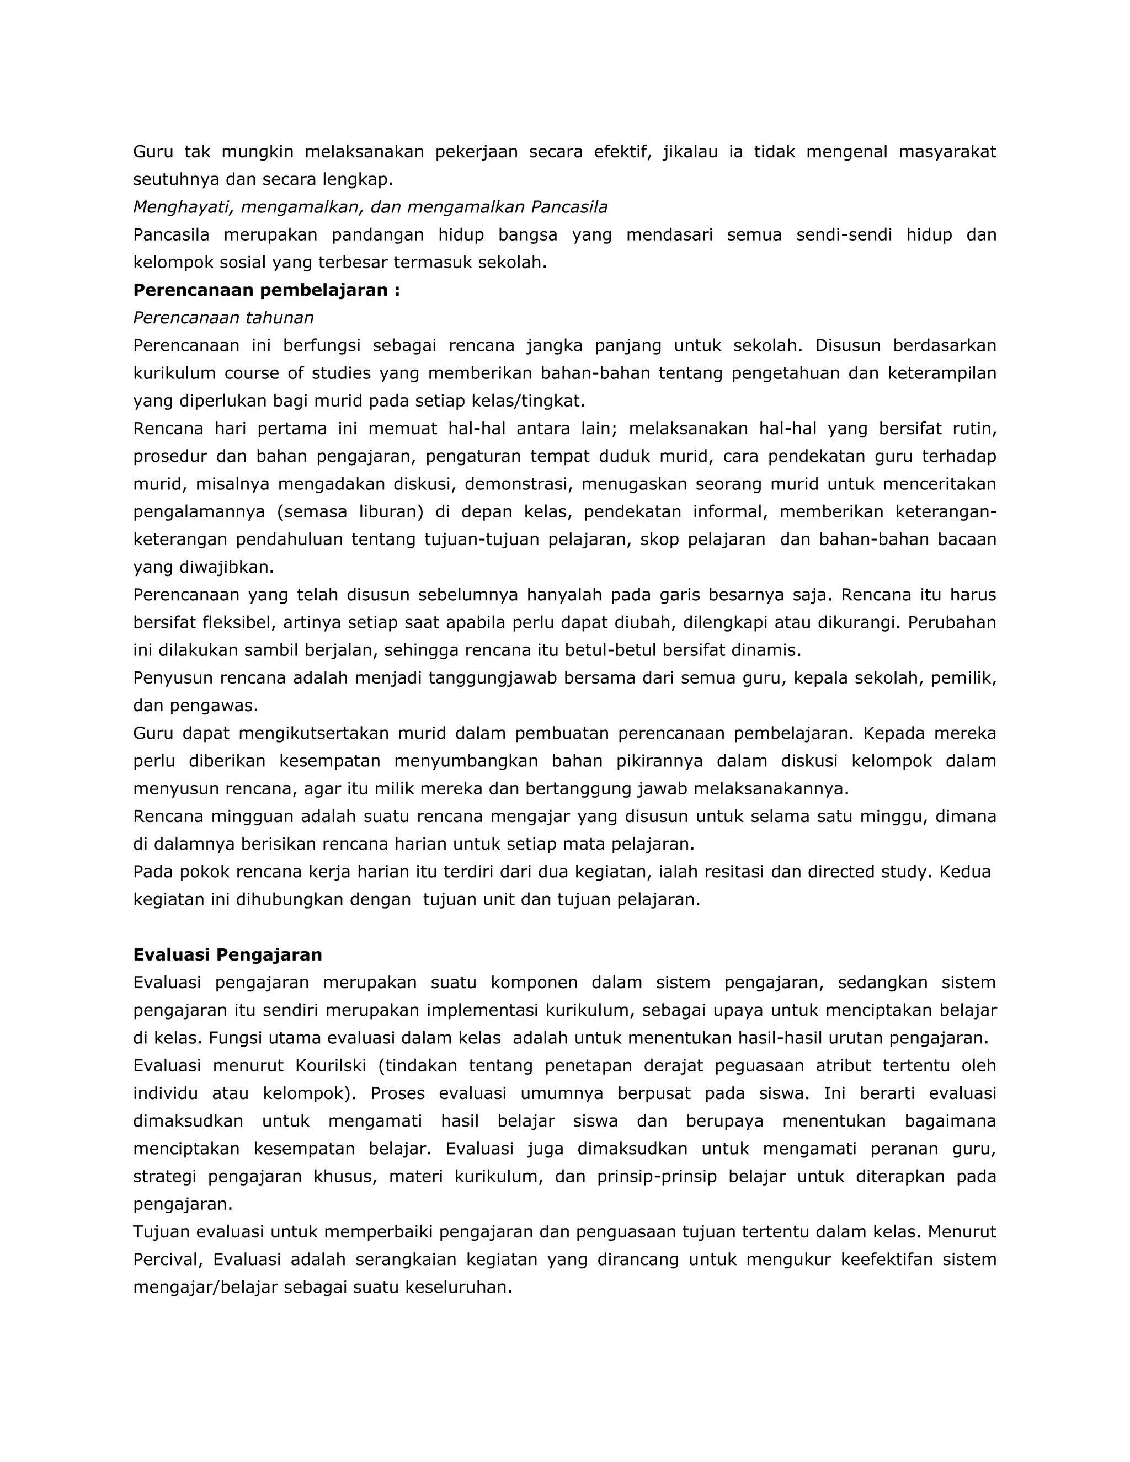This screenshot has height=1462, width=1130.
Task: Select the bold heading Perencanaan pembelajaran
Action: (266, 291)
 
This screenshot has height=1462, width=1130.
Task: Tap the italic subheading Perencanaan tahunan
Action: (223, 318)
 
